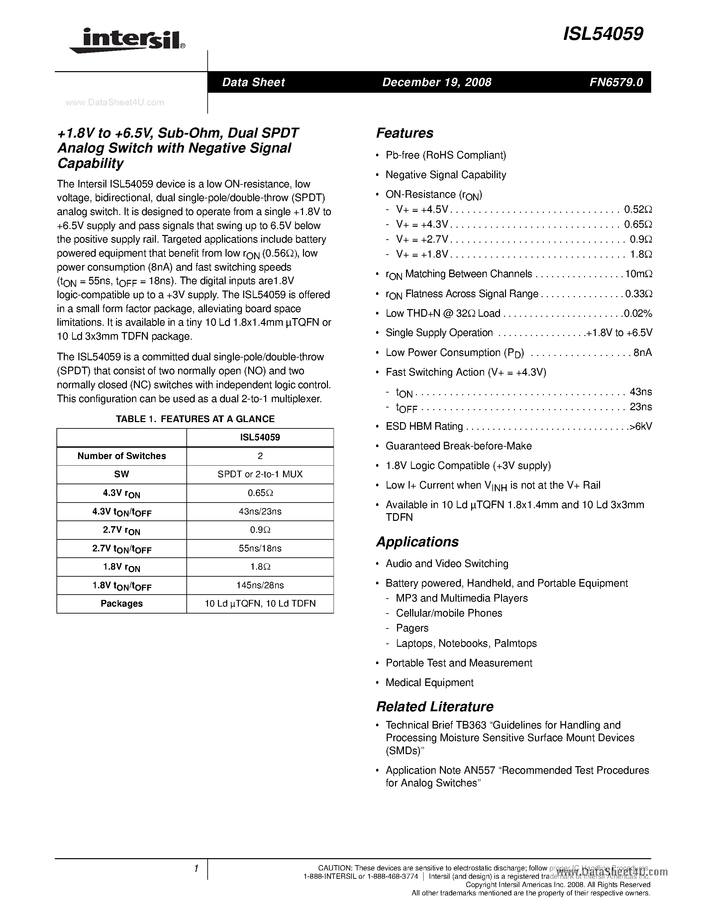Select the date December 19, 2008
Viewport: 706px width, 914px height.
(437, 82)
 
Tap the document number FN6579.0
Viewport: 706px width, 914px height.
(616, 82)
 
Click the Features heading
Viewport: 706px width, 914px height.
(404, 133)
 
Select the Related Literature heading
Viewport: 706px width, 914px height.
(435, 706)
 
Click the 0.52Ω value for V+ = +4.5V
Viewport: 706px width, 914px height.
(638, 209)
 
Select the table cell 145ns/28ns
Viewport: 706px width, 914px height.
(260, 585)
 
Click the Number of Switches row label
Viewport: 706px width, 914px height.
(122, 456)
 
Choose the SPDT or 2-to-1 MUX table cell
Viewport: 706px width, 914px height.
(260, 475)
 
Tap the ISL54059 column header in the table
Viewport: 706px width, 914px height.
(260, 438)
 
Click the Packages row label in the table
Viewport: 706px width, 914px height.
(122, 604)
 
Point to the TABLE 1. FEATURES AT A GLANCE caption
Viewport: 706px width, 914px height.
(195, 419)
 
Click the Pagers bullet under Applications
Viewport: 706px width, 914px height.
(412, 628)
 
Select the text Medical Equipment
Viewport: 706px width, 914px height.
(429, 683)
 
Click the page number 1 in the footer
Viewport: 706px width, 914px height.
(196, 869)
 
